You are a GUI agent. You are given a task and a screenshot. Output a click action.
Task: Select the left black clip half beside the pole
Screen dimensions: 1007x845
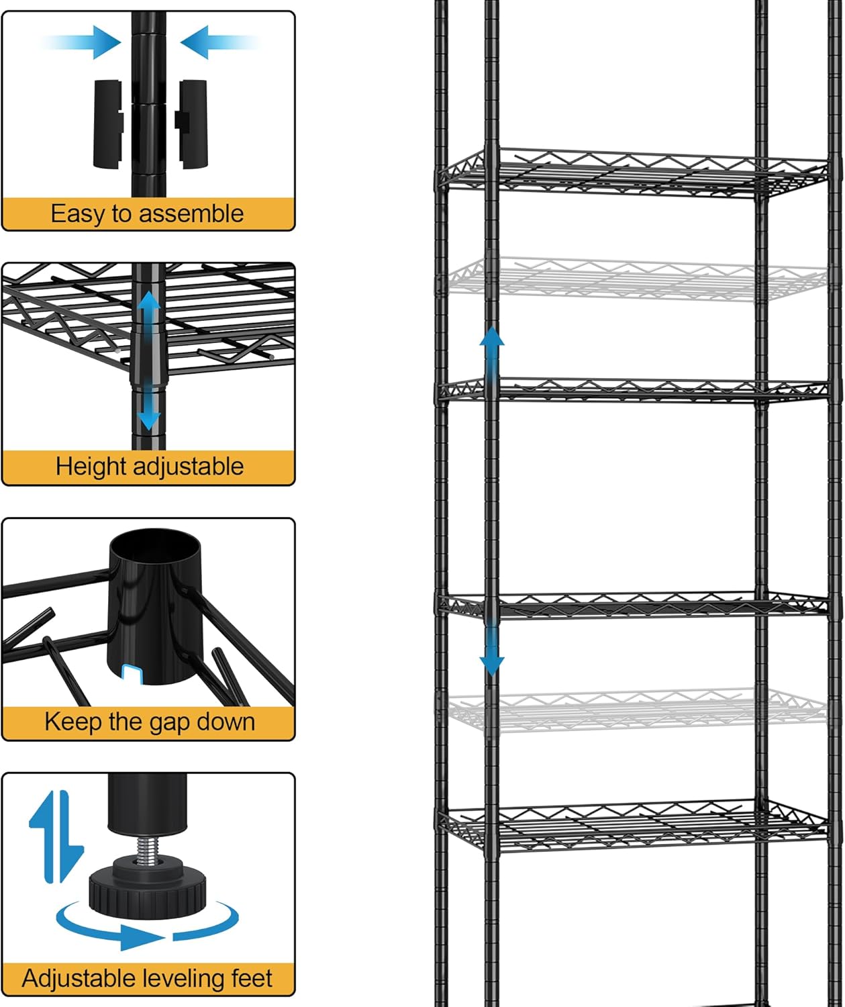coord(107,124)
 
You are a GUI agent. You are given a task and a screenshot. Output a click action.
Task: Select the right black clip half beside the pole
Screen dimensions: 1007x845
coord(192,124)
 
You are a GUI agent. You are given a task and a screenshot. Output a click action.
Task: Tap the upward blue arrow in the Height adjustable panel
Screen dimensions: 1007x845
coord(148,309)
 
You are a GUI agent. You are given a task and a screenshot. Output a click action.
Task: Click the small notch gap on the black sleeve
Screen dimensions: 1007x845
coord(132,674)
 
